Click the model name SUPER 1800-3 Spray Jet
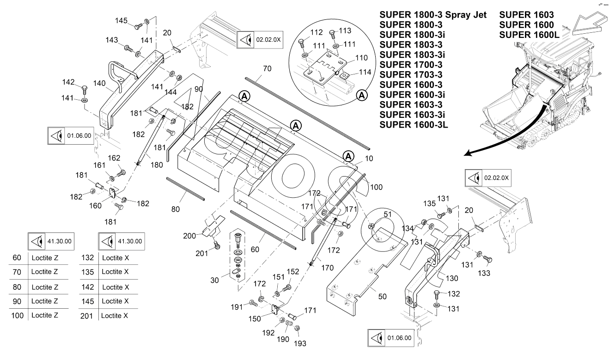click(433, 15)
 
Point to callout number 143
click(112, 40)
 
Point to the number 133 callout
click(484, 273)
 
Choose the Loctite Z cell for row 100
click(45, 316)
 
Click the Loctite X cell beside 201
click(115, 316)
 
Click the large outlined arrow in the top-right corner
click(589, 25)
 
